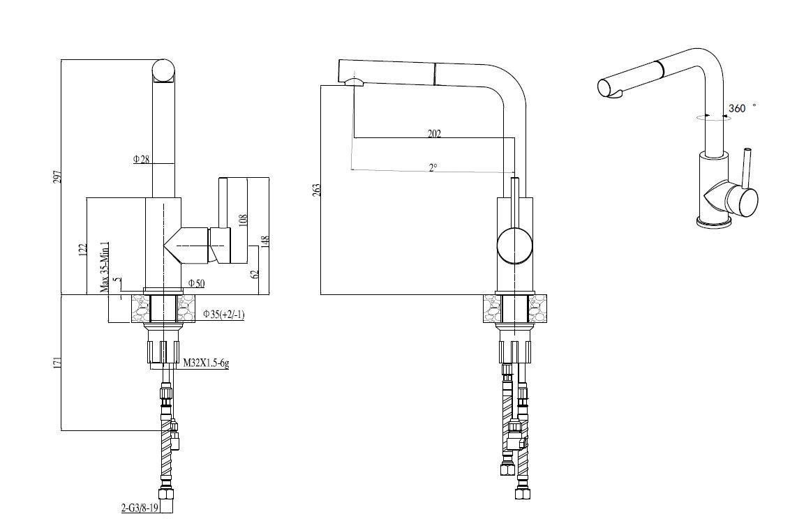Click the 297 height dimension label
[57, 176]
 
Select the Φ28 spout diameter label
[142, 160]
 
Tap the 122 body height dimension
[84, 250]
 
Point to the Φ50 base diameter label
[197, 283]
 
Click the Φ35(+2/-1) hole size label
[224, 315]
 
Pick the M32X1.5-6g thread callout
[206, 363]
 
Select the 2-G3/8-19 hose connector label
[140, 508]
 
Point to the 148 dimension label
[266, 241]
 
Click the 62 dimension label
[255, 274]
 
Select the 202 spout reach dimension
[434, 133]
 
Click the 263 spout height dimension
[316, 190]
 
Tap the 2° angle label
[433, 167]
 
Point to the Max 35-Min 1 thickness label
[105, 267]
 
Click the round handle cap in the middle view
[514, 245]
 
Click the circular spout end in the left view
[164, 70]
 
